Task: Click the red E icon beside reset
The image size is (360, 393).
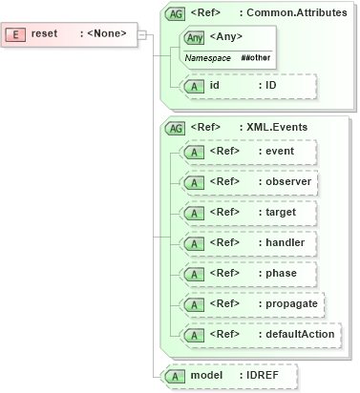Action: [x=15, y=34]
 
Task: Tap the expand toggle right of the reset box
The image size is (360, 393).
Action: [x=142, y=35]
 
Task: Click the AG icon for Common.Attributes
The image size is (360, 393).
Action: [x=176, y=14]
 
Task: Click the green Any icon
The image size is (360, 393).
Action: [x=195, y=37]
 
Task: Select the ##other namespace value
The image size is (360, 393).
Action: [x=255, y=58]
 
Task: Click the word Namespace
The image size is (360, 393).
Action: [x=207, y=58]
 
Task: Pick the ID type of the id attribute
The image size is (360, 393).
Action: [x=271, y=86]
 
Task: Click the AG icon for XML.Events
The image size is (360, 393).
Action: [x=176, y=127]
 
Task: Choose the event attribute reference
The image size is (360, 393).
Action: [x=280, y=151]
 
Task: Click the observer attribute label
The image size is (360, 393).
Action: [x=288, y=181]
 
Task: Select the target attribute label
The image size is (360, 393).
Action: [x=281, y=212]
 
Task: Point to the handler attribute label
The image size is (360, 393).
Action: [x=286, y=242]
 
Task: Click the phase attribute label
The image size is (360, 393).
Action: [x=282, y=273]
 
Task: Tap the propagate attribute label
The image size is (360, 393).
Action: [x=292, y=303]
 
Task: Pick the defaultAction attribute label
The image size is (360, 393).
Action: [x=301, y=334]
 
